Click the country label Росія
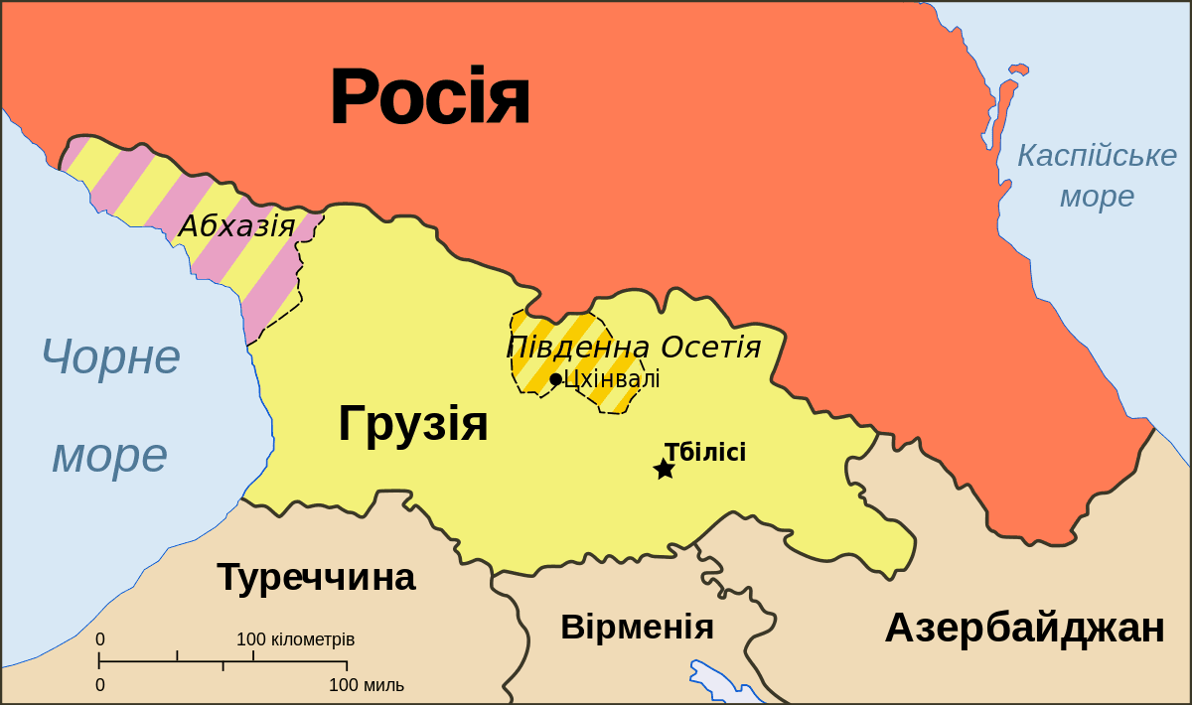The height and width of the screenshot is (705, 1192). [429, 97]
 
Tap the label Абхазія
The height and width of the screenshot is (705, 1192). [236, 226]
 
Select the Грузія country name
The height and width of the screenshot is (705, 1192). [413, 423]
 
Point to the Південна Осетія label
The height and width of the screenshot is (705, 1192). [634, 348]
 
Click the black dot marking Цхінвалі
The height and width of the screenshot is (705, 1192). [555, 379]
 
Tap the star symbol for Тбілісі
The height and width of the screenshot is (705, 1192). [665, 469]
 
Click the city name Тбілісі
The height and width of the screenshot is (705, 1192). [705, 453]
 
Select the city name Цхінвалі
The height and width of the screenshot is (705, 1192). [612, 379]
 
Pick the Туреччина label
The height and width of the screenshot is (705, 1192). [316, 577]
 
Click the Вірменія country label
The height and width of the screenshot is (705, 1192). [637, 628]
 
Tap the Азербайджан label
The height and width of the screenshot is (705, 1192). [1024, 629]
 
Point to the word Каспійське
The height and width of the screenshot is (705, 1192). [1097, 156]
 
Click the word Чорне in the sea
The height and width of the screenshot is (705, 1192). [110, 356]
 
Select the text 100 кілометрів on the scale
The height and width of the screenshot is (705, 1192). [295, 639]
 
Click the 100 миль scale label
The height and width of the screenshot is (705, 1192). [367, 685]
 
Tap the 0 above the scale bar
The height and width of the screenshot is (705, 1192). [100, 639]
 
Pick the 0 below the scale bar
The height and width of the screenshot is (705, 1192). [100, 685]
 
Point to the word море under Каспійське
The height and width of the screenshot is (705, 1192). [1097, 197]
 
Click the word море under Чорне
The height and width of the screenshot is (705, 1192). [109, 455]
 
